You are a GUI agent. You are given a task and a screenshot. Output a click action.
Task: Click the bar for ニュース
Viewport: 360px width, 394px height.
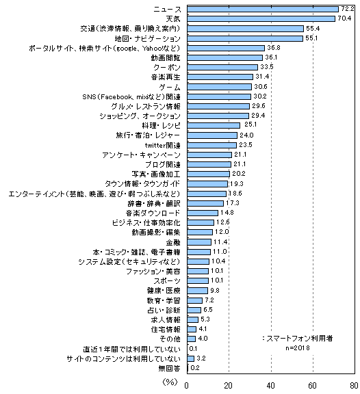(263, 10)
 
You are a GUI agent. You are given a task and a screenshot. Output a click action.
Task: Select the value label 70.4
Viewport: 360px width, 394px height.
(344, 18)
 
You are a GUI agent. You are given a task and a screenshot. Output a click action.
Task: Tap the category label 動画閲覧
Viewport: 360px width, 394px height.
(166, 57)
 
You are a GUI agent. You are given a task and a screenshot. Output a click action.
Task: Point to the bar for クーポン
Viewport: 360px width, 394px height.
(222, 67)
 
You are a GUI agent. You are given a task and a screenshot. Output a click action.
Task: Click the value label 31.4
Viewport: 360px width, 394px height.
(262, 77)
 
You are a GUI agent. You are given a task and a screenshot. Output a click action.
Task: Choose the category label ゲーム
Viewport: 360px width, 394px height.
(170, 87)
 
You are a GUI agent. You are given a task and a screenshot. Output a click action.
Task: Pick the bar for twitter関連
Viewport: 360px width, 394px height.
(211, 145)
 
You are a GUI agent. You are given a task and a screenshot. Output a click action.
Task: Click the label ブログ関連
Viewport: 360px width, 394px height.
(163, 165)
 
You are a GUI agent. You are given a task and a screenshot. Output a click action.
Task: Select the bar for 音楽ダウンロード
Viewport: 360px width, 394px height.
(203, 213)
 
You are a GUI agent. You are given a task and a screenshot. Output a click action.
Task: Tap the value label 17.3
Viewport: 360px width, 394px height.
(232, 203)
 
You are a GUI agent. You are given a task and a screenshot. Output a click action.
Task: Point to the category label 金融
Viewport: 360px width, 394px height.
(173, 242)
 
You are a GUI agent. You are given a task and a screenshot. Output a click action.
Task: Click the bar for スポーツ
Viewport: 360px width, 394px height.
(198, 280)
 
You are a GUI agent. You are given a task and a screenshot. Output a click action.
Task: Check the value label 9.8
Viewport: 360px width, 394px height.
(215, 291)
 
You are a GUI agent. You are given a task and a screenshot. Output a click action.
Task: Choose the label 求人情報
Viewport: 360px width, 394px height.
(166, 320)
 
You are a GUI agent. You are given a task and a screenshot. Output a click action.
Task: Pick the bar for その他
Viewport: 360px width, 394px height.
(191, 339)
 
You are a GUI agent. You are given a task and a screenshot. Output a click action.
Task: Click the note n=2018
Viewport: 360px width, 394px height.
(298, 348)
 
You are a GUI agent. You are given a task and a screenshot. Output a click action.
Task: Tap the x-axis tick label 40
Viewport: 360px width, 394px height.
(271, 386)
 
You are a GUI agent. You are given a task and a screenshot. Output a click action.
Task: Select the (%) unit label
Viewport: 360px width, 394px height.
(170, 382)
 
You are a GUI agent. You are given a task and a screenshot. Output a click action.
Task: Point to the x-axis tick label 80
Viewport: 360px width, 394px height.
(355, 386)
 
